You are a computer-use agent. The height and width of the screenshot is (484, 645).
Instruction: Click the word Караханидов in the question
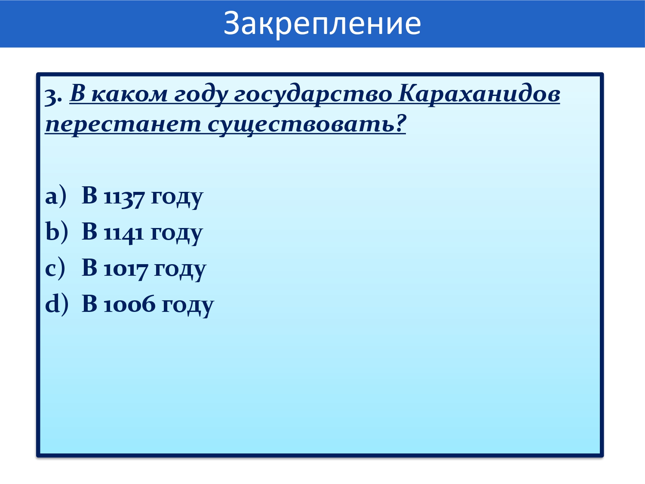point(479,94)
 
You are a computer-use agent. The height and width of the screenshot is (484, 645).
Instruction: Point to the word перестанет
point(123,124)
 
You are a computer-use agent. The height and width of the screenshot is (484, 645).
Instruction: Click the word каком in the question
point(129,94)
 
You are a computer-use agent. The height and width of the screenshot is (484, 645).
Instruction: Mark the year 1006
point(129,305)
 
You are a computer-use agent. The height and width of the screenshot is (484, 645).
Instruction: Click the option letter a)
point(55,196)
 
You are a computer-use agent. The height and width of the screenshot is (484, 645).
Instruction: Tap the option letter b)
point(57,232)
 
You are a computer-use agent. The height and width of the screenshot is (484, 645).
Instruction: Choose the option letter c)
point(55,268)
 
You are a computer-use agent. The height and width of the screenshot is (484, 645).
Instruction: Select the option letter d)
point(57,304)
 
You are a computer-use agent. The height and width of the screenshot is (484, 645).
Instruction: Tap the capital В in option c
point(89,268)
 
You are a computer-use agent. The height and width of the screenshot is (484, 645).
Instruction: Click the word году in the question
point(201,96)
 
